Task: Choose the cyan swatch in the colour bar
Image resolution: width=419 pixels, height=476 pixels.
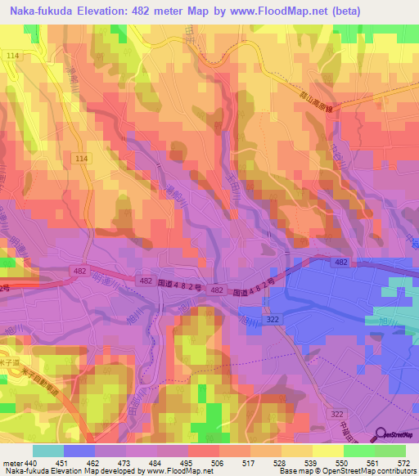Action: pos(48,451)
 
